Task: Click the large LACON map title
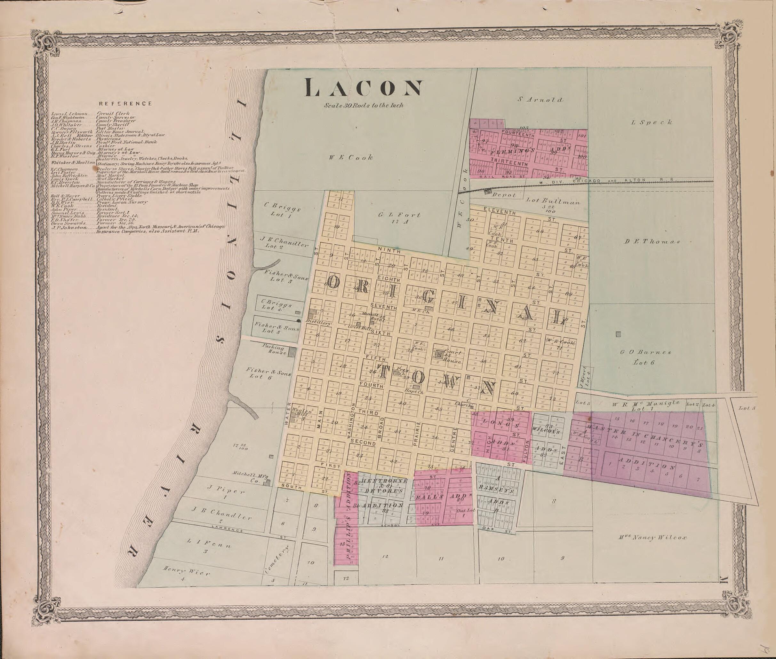364,88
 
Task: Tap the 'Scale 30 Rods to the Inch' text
364,105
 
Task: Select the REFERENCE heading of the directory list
125,104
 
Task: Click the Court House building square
439,353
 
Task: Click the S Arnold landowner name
540,99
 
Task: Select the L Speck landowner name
651,122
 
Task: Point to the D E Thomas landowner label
652,241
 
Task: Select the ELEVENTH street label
500,212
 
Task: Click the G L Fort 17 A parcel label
399,218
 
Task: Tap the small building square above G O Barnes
619,334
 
